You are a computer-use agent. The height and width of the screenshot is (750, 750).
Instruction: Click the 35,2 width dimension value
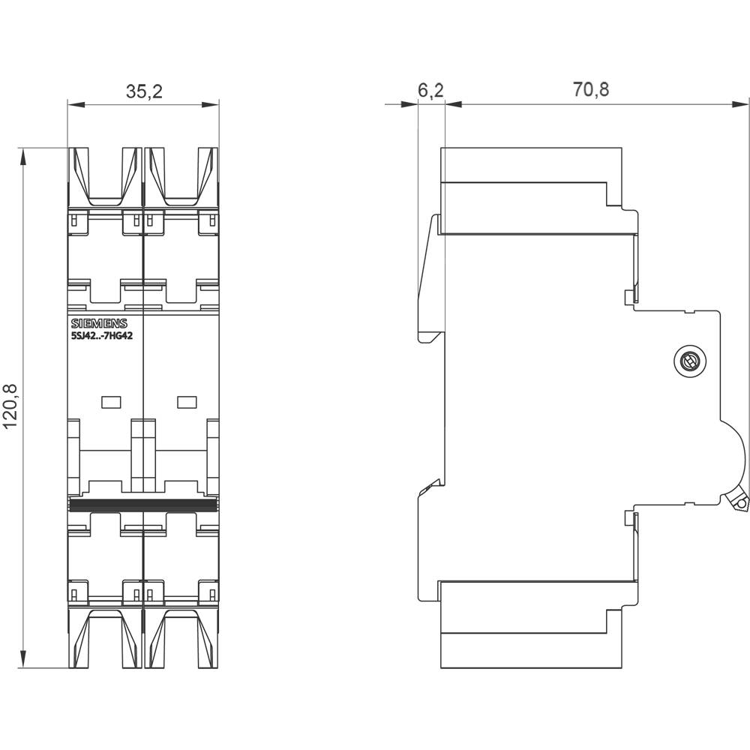pyautogui.click(x=144, y=92)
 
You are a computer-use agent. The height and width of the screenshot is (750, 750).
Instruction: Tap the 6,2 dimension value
pyautogui.click(x=430, y=91)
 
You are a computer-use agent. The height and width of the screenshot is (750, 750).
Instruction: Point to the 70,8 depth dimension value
pyautogui.click(x=591, y=91)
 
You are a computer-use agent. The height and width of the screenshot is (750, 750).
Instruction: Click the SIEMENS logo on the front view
pyautogui.click(x=99, y=324)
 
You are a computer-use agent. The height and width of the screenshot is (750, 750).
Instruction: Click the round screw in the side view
pyautogui.click(x=687, y=363)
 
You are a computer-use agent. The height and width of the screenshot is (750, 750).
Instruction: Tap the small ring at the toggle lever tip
pyautogui.click(x=740, y=505)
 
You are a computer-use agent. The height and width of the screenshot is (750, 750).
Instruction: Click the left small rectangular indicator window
pyautogui.click(x=111, y=402)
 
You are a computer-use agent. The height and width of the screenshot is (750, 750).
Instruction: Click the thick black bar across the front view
pyautogui.click(x=143, y=503)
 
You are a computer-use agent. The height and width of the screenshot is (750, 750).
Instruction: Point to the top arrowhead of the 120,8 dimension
pyautogui.click(x=24, y=154)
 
